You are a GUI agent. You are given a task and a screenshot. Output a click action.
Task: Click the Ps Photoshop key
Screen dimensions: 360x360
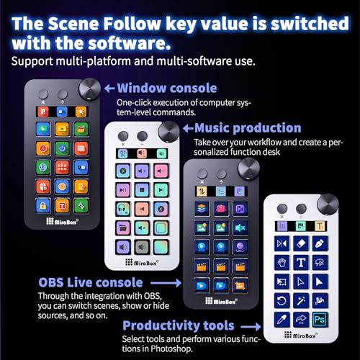[x=320, y=320]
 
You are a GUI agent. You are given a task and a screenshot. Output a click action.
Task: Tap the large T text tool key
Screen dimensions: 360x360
[x=301, y=262]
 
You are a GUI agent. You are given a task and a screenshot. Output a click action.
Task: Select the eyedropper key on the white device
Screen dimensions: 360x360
[x=282, y=320]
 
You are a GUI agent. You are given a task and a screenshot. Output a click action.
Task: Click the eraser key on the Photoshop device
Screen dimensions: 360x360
[x=301, y=243]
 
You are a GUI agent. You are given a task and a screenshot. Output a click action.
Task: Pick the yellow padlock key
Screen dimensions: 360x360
[x=43, y=206]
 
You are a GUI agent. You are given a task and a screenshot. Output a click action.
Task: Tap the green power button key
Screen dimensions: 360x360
[x=62, y=148]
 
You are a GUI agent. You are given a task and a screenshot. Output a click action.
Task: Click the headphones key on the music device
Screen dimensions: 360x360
[x=123, y=209]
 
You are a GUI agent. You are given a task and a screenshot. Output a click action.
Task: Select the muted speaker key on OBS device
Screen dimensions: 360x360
[x=240, y=228]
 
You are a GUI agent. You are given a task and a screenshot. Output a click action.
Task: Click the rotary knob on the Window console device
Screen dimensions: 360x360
[x=89, y=89]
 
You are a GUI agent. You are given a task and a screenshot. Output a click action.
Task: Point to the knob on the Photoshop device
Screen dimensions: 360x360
[x=328, y=204]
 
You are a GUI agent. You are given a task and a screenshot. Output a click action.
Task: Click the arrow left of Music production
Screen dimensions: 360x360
[x=188, y=129]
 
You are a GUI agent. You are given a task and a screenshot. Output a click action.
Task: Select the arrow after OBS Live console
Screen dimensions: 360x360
[x=166, y=283]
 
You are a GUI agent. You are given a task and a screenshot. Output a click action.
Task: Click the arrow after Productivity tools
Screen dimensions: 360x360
[x=251, y=326]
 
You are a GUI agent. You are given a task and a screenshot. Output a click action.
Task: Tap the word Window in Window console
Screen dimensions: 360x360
[x=141, y=88]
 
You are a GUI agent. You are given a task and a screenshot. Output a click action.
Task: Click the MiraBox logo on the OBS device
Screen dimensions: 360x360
[x=222, y=301]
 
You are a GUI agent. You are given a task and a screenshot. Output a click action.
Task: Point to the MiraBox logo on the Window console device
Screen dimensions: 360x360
[x=63, y=221]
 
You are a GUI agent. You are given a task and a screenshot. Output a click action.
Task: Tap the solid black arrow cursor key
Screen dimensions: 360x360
[x=320, y=282]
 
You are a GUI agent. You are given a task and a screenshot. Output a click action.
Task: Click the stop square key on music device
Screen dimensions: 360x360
[x=142, y=190]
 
